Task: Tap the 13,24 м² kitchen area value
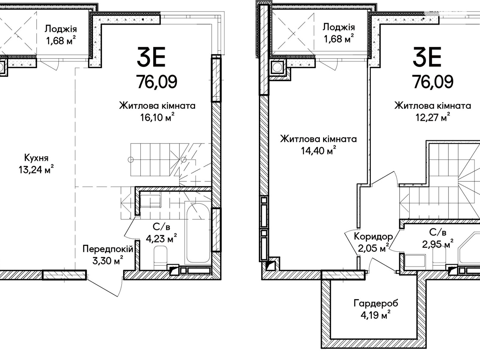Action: tap(36, 170)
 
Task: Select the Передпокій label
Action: tap(108, 249)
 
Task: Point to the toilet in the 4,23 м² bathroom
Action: tap(160, 256)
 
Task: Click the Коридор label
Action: tap(373, 236)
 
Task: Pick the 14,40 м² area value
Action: tap(318, 151)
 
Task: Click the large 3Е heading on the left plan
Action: tap(151, 58)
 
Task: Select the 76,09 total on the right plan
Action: tap(433, 81)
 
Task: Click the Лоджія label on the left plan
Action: tap(61, 29)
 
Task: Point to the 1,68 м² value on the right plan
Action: tap(338, 39)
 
